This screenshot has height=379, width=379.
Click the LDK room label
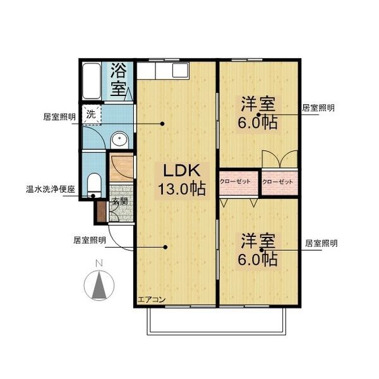point(182,171)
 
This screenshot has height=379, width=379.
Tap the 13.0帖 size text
point(182,188)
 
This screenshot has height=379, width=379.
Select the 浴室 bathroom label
point(118,80)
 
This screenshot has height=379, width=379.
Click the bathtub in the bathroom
point(92,81)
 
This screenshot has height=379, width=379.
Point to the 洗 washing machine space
point(91,114)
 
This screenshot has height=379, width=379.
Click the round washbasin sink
point(119,140)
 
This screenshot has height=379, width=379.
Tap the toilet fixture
point(93,185)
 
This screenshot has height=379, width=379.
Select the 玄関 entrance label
point(120,201)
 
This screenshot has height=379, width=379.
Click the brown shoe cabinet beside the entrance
point(102,212)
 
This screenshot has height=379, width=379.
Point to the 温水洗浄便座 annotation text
point(51,189)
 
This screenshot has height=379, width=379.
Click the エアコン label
point(152,299)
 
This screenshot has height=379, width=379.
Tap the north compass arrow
point(99,286)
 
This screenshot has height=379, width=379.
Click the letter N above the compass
point(99,263)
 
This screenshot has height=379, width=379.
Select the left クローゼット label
point(235,181)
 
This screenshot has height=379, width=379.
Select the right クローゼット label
point(277,181)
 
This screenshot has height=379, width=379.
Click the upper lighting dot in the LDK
point(162,124)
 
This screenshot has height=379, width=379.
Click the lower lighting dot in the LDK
point(165,247)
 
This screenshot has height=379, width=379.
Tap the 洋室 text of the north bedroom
point(258,104)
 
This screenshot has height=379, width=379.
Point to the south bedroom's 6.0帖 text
point(258,259)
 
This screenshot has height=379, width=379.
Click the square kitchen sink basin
point(180,70)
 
